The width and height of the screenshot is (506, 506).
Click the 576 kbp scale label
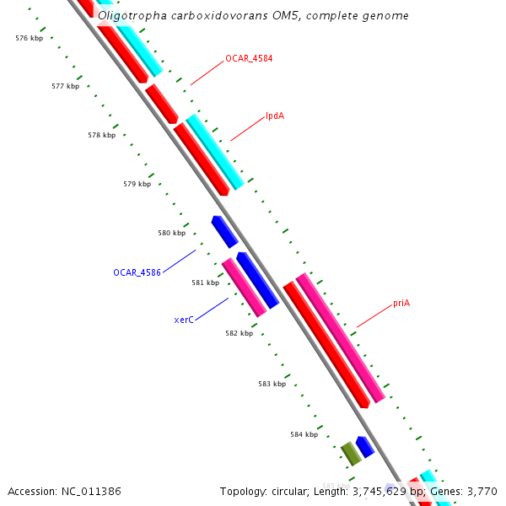pos(30,38)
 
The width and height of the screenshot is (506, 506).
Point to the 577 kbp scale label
pos(65,86)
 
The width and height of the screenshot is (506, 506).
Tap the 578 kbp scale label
pos(101,135)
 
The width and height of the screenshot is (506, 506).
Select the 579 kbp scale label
pos(137,184)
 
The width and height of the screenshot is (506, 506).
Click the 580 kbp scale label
pos(171,233)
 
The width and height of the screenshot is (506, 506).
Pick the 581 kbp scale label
pos(205,283)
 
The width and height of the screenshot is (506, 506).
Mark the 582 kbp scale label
pos(239,333)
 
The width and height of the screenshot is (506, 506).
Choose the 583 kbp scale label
pos(272,384)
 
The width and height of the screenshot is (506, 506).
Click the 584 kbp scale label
pos(304,434)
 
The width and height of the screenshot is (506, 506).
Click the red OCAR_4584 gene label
pos(249,58)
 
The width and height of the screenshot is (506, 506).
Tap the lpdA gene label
pos(275,116)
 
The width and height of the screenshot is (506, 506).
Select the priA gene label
pos(401,303)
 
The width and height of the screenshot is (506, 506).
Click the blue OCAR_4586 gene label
pos(137,272)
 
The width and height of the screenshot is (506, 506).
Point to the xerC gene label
pos(185,320)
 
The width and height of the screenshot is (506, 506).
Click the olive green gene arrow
pos(351,453)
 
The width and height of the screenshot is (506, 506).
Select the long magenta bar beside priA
pos(340,337)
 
